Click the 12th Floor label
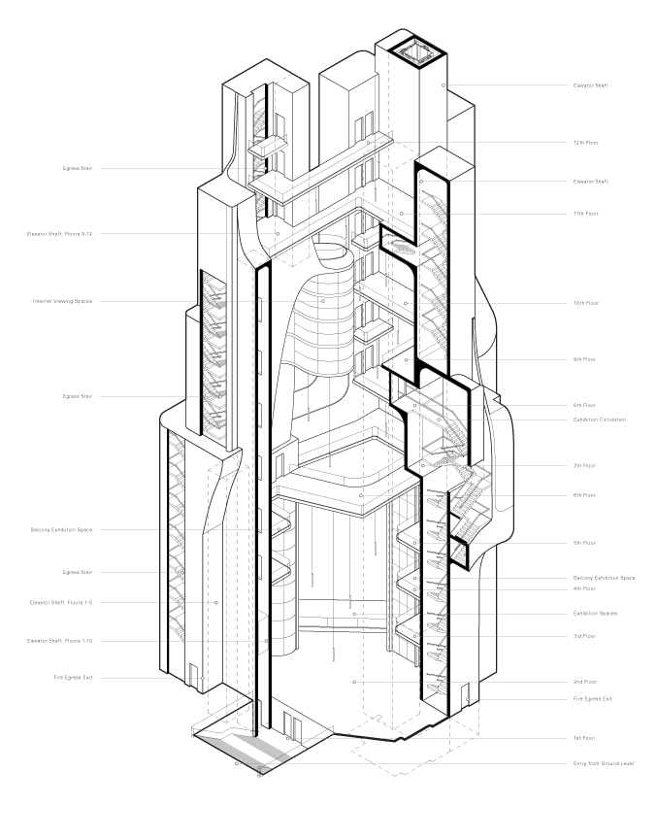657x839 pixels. coord(585,143)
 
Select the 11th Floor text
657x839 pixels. coord(585,214)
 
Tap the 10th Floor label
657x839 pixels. coord(585,303)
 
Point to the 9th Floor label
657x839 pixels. coord(584,359)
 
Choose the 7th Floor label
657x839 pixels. coord(584,466)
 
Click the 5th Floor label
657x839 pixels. coord(584,543)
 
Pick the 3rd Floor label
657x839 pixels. coord(584,636)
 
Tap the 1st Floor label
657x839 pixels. coord(584,739)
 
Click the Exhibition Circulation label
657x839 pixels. coord(599,419)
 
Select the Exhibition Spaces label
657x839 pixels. coord(595,614)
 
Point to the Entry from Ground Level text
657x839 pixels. coord(603,763)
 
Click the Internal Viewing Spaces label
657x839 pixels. coord(63,301)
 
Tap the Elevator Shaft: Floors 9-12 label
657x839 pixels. coord(60,234)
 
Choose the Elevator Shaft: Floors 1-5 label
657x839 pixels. coord(62,603)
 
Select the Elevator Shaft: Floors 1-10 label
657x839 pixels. coord(60,641)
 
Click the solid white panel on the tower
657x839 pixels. coord(212,236)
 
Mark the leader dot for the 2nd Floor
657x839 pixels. coord(354,682)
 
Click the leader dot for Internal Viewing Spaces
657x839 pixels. coord(324,301)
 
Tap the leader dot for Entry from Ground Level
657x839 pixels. coord(236,763)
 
